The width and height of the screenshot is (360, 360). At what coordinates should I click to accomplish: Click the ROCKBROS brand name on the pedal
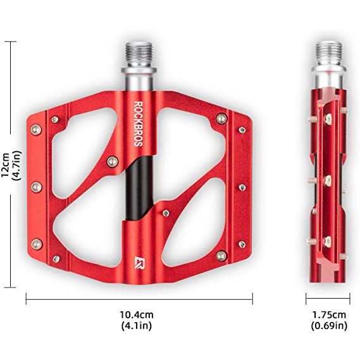pos(139,124)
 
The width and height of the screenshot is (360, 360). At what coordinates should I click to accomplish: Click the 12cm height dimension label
pos(6,165)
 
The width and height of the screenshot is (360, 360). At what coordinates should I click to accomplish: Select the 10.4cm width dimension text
pos(137,314)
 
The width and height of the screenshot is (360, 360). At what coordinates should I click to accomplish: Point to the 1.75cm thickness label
pos(329,314)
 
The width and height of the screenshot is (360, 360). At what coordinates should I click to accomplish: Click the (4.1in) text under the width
pos(137,326)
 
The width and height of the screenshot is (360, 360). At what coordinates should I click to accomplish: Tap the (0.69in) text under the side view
pos(329,326)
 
